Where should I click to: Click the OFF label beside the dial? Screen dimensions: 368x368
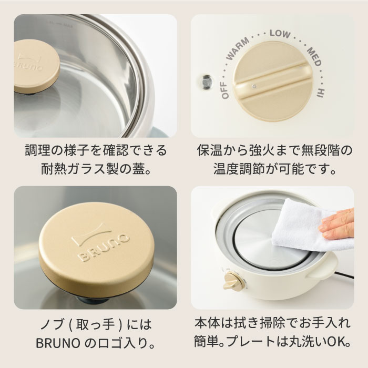(224, 90)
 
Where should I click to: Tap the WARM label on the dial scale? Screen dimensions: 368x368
(237, 48)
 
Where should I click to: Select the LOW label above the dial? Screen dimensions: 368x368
(280, 34)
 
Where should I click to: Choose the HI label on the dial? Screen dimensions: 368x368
(320, 93)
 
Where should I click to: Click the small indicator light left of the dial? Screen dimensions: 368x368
(207, 82)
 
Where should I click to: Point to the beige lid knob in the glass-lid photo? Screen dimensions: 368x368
(36, 66)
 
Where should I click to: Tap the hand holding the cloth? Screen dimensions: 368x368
(338, 223)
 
